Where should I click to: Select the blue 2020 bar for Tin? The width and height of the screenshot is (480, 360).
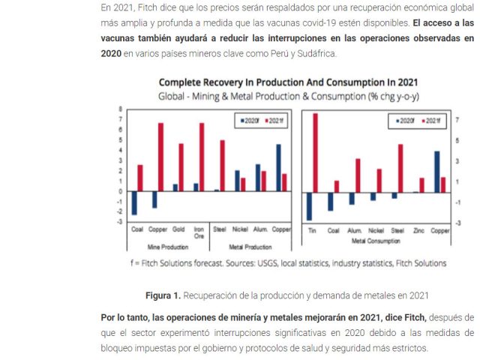click(309, 206)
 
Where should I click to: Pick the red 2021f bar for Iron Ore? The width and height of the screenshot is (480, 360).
click(202, 157)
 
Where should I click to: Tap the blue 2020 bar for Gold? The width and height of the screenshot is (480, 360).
click(175, 187)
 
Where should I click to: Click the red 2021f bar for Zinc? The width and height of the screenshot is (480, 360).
click(421, 185)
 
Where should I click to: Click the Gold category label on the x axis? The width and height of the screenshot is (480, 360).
click(178, 228)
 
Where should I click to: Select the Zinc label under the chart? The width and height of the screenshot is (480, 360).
click(419, 230)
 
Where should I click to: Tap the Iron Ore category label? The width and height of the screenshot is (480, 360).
click(199, 232)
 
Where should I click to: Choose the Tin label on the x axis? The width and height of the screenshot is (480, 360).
click(313, 230)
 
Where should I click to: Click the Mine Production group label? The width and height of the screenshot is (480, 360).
click(167, 247)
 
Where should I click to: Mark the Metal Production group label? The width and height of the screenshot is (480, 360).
click(250, 247)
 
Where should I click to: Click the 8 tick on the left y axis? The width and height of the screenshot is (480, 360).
click(121, 109)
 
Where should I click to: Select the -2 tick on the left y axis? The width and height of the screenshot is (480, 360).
click(120, 211)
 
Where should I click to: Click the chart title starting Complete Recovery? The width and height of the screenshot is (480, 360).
click(288, 82)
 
